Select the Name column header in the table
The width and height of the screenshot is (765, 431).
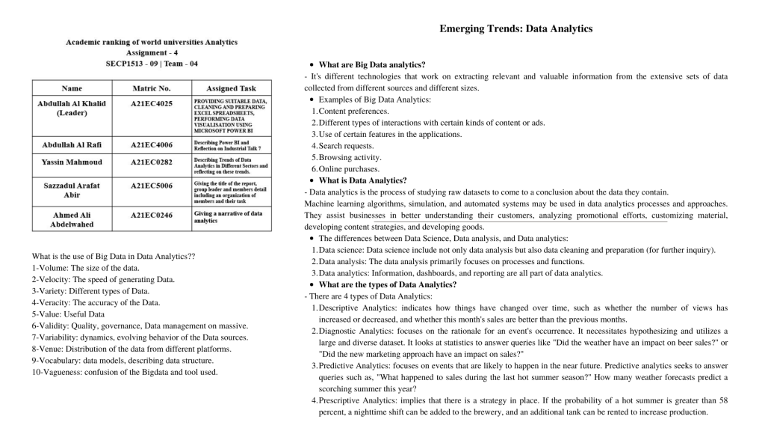point(72,88)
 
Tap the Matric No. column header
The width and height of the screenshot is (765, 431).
point(151,88)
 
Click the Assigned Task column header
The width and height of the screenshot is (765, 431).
point(231,88)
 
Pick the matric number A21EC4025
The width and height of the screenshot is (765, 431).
point(151,103)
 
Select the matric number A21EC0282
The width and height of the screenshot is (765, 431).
point(151,162)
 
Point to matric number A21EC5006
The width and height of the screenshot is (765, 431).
point(151,185)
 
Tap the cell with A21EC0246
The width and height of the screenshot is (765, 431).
point(151,215)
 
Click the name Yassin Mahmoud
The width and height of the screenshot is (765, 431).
point(72,162)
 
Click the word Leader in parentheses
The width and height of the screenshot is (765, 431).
point(72,113)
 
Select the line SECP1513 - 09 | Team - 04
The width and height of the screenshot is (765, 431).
point(152,64)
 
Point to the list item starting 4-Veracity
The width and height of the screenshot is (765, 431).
point(96,302)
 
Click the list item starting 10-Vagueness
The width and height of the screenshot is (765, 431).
point(124,372)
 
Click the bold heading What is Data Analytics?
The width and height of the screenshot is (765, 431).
point(362,180)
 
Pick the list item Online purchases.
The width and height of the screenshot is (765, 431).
point(349,169)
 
